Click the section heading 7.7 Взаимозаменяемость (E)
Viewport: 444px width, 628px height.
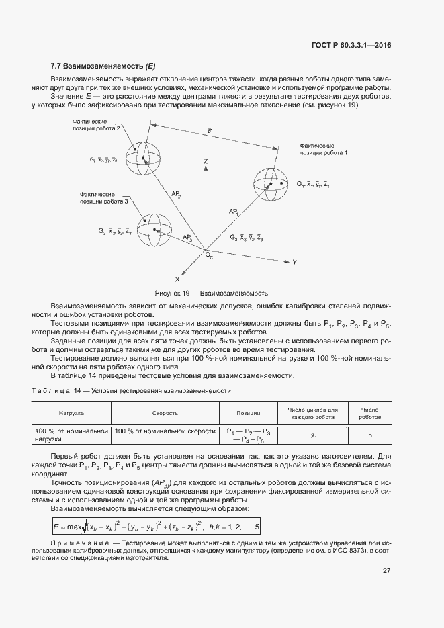[102, 66]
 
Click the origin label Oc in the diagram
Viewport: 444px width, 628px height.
[210, 257]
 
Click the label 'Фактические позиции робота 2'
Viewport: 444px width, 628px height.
[97, 124]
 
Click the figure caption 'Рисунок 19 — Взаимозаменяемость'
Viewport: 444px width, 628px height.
[212, 293]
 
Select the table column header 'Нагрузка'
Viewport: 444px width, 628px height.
[71, 414]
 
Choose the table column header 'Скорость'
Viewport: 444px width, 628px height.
[165, 414]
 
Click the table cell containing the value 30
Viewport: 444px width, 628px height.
[313, 435]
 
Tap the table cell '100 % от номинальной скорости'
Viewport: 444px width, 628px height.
[165, 431]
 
